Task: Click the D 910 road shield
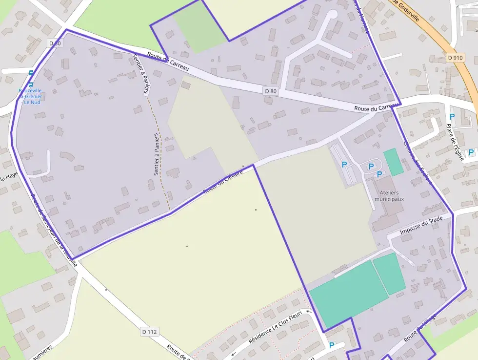(x=455, y=58)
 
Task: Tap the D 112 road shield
(x=150, y=332)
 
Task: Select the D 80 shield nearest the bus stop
(x=55, y=43)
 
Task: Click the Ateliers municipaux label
(x=389, y=196)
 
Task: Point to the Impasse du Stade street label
(x=421, y=225)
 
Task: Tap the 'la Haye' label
(x=9, y=178)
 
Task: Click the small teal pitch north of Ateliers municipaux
(x=393, y=162)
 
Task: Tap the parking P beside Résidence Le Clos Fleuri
(x=332, y=345)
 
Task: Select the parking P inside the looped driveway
(x=371, y=167)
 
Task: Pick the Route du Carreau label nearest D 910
(x=374, y=107)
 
